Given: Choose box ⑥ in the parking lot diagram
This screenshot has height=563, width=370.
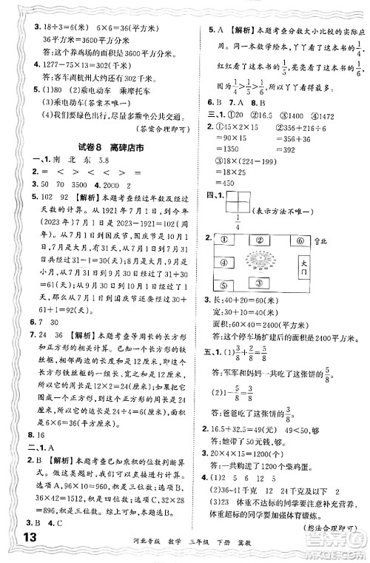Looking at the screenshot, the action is click(x=301, y=240).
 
